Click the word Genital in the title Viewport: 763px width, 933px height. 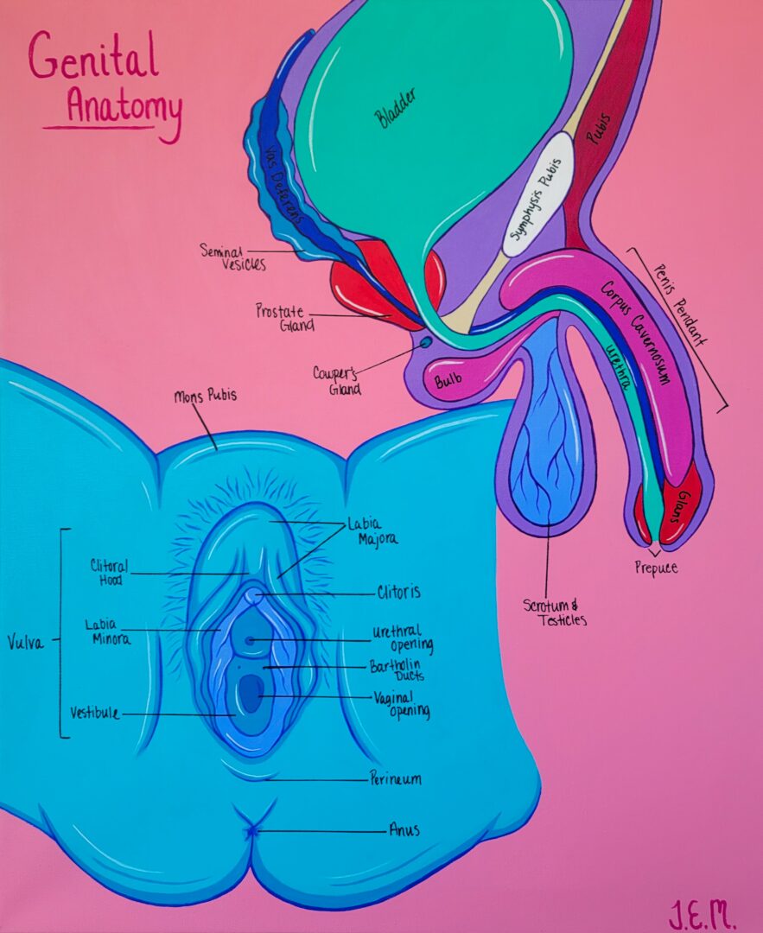93,59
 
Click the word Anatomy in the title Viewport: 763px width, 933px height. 124,108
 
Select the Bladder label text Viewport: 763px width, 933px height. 395,109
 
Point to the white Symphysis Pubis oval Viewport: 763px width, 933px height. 537,194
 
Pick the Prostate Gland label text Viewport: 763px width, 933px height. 284,317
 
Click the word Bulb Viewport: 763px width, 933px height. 448,378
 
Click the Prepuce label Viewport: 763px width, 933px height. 655,568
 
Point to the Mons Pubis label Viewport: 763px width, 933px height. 205,397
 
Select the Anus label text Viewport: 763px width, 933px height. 404,830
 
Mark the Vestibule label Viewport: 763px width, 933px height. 94,714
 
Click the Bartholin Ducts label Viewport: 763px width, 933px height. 397,670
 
